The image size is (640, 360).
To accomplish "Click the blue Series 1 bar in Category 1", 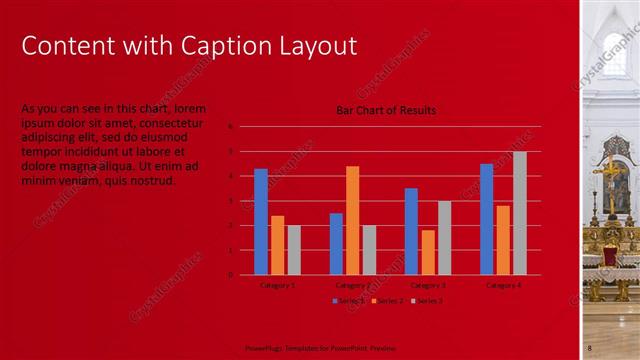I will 261,221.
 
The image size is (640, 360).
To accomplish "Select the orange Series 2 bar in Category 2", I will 352,220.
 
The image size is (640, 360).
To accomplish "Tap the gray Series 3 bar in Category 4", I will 520,213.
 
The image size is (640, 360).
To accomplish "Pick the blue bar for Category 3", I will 411,231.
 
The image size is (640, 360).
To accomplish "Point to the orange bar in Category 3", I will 428,252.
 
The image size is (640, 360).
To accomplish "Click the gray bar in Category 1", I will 294,250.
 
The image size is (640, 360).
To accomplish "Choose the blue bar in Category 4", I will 486,219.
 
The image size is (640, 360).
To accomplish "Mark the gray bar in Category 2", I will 369,250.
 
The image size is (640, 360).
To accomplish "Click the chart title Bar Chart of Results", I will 386,110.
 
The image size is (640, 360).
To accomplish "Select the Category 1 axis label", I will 277,285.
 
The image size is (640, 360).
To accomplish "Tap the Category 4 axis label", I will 503,285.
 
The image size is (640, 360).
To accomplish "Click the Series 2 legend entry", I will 388,300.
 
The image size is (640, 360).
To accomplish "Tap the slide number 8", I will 590,347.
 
